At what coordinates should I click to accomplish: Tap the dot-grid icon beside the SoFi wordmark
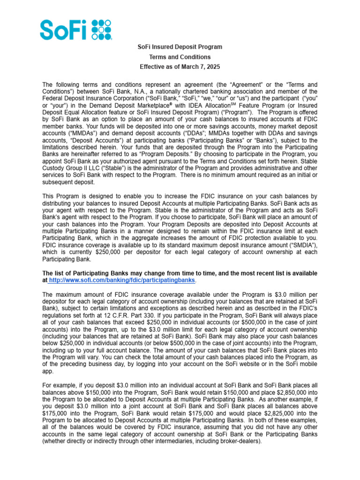click(x=102, y=29)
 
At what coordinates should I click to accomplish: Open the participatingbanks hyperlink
click(x=121, y=280)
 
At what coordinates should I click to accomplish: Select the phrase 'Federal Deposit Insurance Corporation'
click(x=90, y=98)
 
